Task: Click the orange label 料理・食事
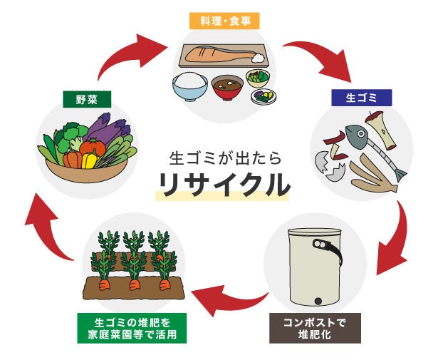coord(219,21)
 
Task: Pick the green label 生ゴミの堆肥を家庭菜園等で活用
coord(132,327)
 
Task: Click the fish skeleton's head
coord(354,132)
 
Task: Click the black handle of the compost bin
coord(329,246)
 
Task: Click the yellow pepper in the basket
coord(90,160)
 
